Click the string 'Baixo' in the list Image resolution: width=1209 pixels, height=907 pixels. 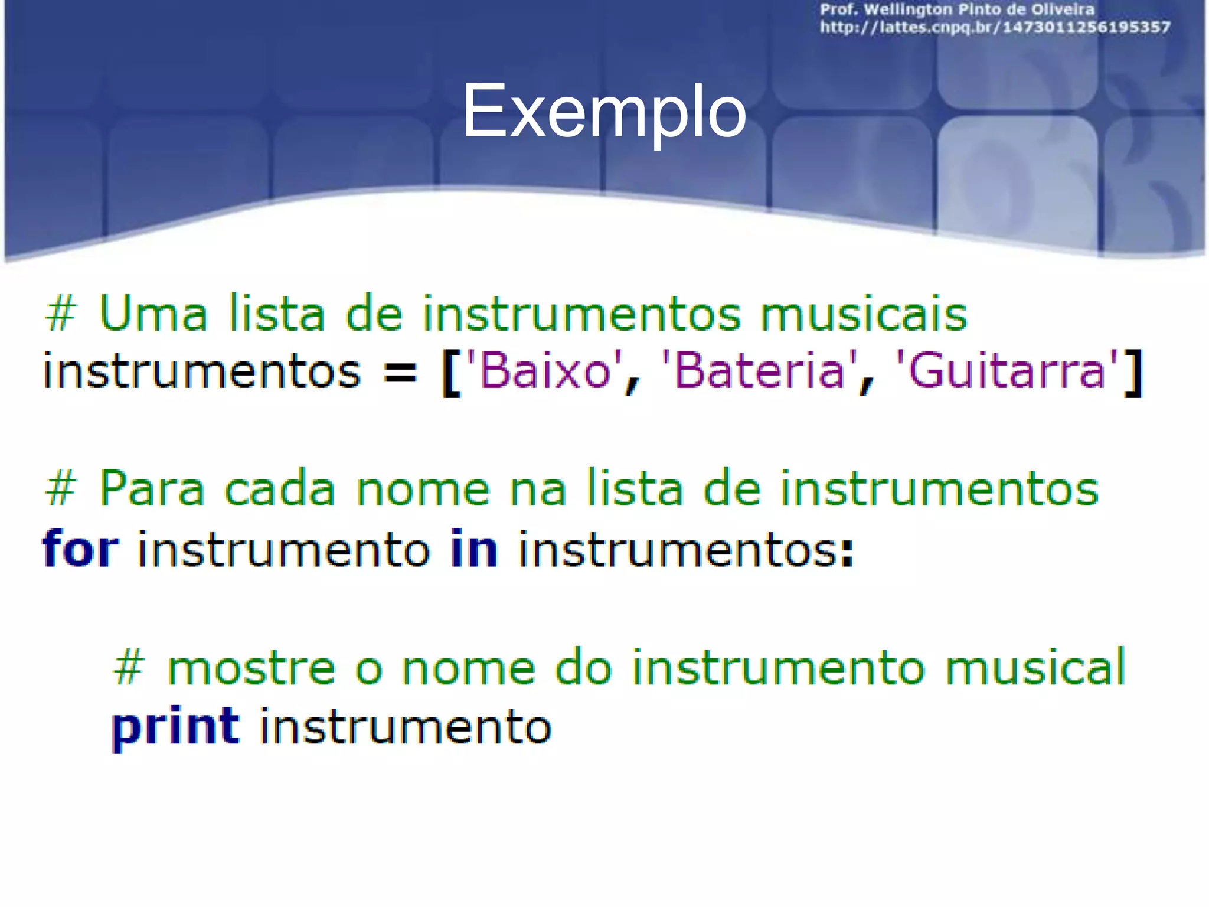point(544,371)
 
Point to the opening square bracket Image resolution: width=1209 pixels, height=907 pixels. point(451,373)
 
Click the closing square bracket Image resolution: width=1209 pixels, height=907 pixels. point(1133,373)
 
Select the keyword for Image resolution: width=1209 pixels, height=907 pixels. point(81,549)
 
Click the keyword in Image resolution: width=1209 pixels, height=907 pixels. point(474,549)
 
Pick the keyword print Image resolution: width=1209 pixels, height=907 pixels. point(175,727)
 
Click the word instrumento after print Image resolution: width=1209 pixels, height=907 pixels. point(406,727)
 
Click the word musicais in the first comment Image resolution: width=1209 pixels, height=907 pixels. point(863,314)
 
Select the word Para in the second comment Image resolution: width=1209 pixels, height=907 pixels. point(152,490)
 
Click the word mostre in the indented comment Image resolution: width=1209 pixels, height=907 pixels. point(251,668)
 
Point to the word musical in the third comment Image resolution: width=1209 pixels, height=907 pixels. point(1035,668)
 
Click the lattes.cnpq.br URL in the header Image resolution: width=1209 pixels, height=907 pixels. point(995,27)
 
